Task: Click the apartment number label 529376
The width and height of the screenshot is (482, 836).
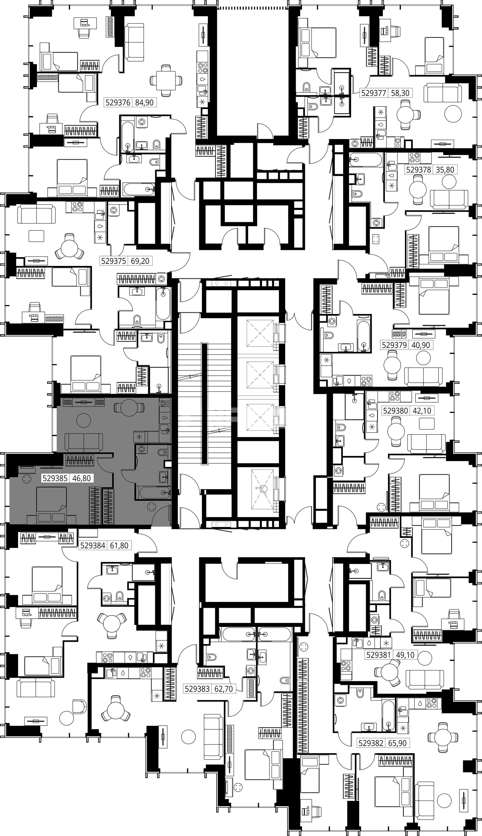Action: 118,103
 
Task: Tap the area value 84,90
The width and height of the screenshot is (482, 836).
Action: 145,103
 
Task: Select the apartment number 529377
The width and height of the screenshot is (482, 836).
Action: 374,93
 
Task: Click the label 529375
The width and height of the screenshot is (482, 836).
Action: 113,261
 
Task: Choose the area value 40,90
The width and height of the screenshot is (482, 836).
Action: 421,345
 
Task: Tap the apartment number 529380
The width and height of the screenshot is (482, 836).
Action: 396,411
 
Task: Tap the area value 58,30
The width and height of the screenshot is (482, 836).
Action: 400,93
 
